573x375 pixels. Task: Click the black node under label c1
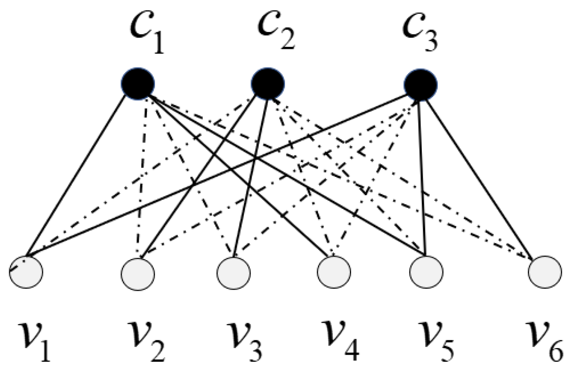(138, 83)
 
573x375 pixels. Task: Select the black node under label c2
(268, 83)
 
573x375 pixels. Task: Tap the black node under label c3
(421, 85)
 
